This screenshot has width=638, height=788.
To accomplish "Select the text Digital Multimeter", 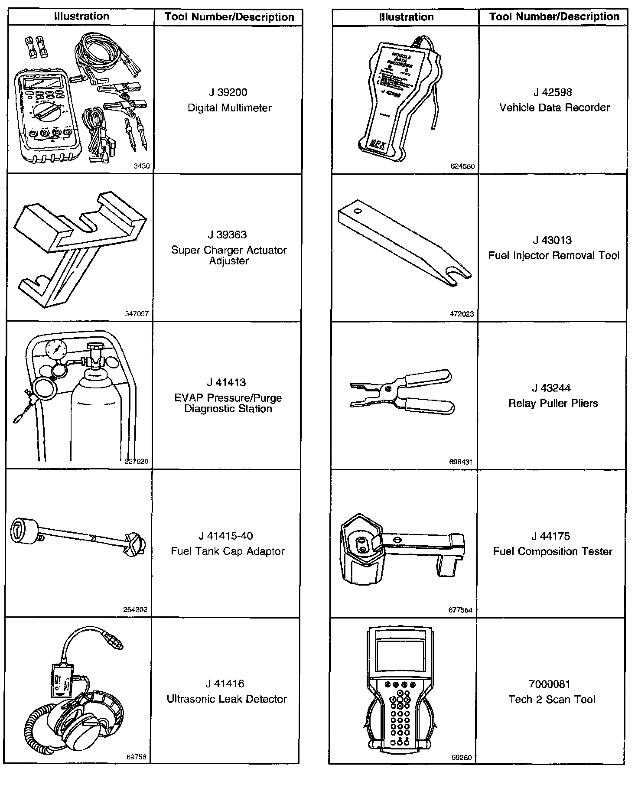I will coord(229,108).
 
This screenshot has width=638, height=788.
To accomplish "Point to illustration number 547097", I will coord(137,313).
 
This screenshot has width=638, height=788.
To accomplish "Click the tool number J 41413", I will coord(226,382).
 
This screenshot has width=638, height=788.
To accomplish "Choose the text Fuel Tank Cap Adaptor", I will coord(228,551).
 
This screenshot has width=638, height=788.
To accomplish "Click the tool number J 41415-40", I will coord(226,536).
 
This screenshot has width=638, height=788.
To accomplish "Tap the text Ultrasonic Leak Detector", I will coord(227,699).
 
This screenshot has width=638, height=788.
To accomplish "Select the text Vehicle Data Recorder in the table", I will coord(554,107).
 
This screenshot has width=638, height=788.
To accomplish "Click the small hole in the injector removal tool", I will coord(357,211).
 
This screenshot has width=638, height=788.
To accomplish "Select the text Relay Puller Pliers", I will coord(553,404).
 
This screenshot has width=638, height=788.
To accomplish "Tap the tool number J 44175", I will coord(552,536).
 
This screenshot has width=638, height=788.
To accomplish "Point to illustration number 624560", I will coord(462,166).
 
